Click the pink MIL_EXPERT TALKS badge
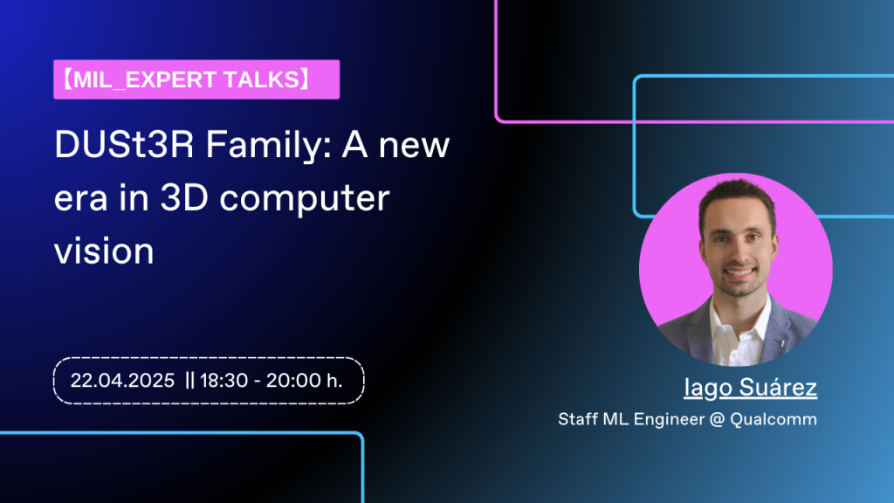(x=196, y=79)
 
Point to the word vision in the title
(x=105, y=251)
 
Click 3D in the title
(x=184, y=198)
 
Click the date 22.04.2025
(x=122, y=381)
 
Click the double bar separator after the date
(x=189, y=381)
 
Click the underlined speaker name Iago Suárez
(x=750, y=387)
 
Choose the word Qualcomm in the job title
(x=774, y=419)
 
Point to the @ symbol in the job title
(x=718, y=420)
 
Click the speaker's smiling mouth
(x=739, y=272)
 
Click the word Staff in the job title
(x=577, y=419)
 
